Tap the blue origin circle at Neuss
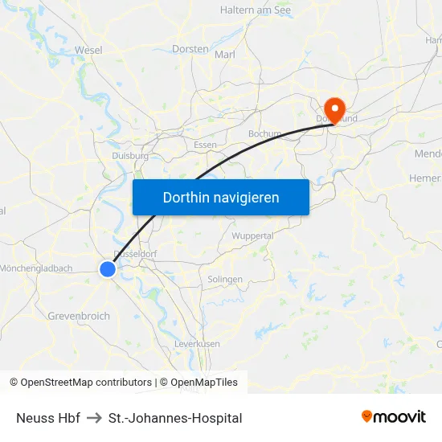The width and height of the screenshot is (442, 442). [x=108, y=270]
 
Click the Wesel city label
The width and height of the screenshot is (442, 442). [x=88, y=50]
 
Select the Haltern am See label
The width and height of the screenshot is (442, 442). [x=256, y=10]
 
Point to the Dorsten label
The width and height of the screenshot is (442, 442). [x=190, y=49]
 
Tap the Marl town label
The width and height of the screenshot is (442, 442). [x=225, y=55]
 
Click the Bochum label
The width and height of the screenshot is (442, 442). [x=264, y=133]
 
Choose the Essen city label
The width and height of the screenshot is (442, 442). [x=205, y=145]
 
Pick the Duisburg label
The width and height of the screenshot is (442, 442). [x=129, y=156]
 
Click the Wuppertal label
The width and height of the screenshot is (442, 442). [x=252, y=236]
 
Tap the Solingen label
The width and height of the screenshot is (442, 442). [x=225, y=279]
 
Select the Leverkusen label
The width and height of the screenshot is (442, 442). [x=197, y=343]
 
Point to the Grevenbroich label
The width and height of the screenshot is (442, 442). [x=79, y=316]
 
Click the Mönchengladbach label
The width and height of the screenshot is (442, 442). [x=37, y=268]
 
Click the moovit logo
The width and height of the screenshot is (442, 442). [x=394, y=416]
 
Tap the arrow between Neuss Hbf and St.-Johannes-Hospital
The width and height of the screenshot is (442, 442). [x=94, y=418]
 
